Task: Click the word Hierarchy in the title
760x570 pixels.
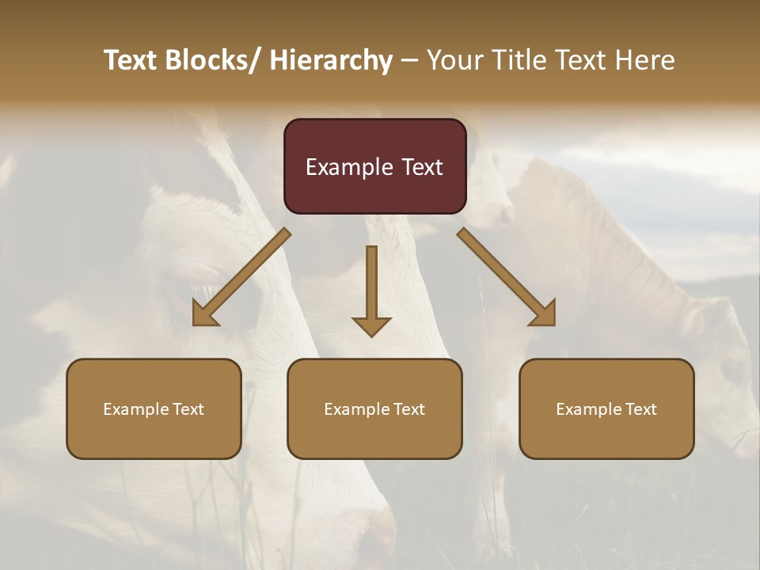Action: coord(331,60)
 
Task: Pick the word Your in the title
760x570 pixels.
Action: coord(454,60)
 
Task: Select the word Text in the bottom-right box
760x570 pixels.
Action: coord(640,409)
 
